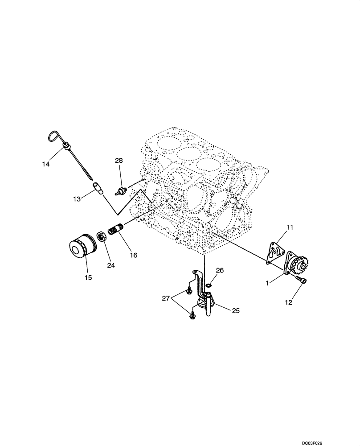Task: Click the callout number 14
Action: coord(46,164)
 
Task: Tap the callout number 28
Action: coord(119,160)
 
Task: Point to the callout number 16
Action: coord(134,255)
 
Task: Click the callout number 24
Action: coord(110,265)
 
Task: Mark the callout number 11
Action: coord(290,227)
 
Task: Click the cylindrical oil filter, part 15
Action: coord(81,248)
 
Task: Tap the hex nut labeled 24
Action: coord(102,236)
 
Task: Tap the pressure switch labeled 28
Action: coord(120,190)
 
